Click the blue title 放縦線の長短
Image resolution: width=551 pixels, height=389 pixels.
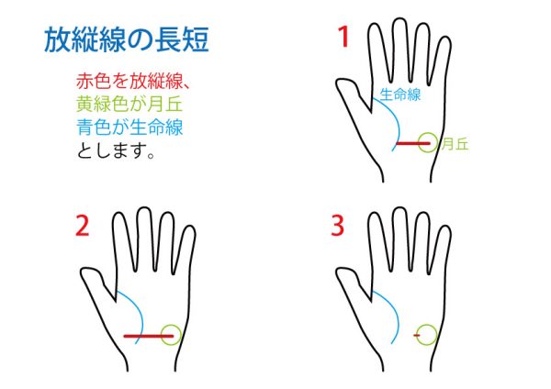127,39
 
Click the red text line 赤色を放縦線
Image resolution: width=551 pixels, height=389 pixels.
129,82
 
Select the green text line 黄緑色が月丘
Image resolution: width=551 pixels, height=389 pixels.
129,104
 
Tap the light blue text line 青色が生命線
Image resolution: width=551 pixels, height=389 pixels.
129,127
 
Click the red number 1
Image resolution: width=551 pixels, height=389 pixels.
343,37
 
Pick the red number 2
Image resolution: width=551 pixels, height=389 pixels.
83,226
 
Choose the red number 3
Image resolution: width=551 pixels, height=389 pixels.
337,226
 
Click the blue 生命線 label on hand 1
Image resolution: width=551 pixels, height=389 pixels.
400,94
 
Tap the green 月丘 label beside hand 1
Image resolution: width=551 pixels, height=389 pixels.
455,144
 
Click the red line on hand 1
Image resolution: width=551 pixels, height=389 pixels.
413,143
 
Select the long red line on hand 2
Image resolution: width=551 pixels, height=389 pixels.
149,336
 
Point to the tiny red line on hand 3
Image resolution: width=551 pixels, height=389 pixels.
417,336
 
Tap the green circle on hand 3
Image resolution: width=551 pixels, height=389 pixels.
427,325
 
